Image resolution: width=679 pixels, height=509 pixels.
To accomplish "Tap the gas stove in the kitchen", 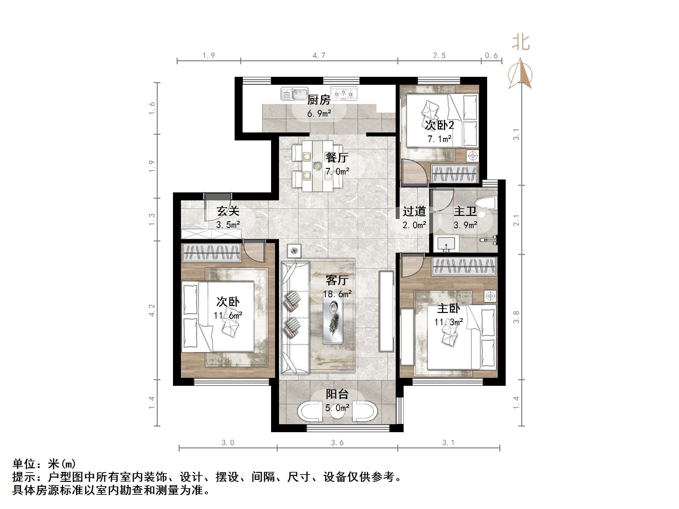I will click(344, 94).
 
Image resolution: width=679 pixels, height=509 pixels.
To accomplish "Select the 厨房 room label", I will click(319, 100).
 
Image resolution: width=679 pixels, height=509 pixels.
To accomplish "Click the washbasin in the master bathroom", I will click(446, 243).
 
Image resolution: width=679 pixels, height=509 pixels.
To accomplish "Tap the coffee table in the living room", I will click(333, 318).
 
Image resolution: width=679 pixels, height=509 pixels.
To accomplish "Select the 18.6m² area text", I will click(337, 294).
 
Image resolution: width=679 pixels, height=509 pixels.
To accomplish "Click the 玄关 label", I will click(228, 211).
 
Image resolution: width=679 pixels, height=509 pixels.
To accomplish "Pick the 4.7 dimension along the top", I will click(319, 56).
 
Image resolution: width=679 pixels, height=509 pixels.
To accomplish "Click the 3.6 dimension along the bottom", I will click(337, 443).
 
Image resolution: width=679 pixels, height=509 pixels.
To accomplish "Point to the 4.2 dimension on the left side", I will click(152, 310).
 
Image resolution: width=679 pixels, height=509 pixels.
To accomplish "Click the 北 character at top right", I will click(521, 42).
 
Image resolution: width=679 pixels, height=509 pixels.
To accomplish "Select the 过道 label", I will click(414, 211).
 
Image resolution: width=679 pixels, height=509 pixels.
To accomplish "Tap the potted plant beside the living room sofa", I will click(294, 251).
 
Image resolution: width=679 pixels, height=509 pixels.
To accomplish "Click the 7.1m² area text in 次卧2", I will click(439, 139).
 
